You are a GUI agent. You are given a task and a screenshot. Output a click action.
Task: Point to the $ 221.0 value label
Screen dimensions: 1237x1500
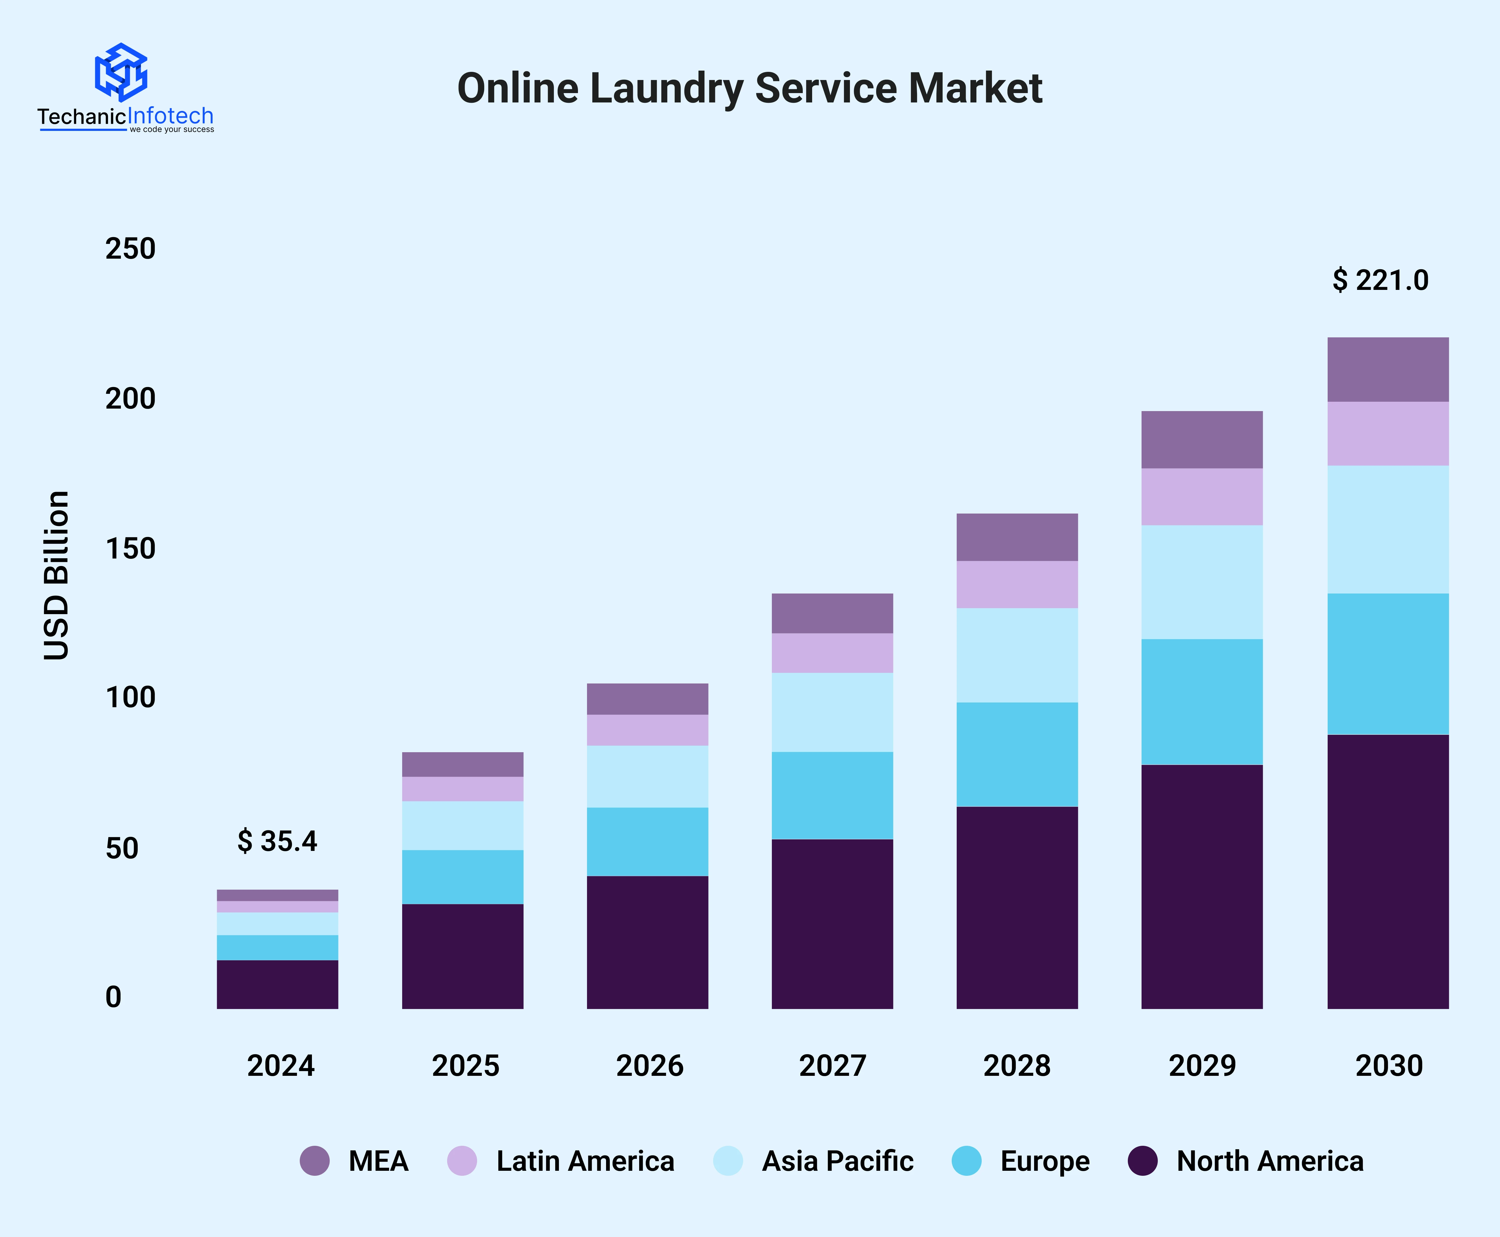pos(1380,280)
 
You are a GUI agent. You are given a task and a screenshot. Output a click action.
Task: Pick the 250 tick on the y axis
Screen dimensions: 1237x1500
pos(130,249)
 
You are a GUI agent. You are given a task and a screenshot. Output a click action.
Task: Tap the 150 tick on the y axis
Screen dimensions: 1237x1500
pos(130,549)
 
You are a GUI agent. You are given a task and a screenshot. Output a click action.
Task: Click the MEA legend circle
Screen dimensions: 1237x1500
pos(315,1161)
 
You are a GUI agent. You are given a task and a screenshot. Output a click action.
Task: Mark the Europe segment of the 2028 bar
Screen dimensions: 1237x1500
pos(1017,755)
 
